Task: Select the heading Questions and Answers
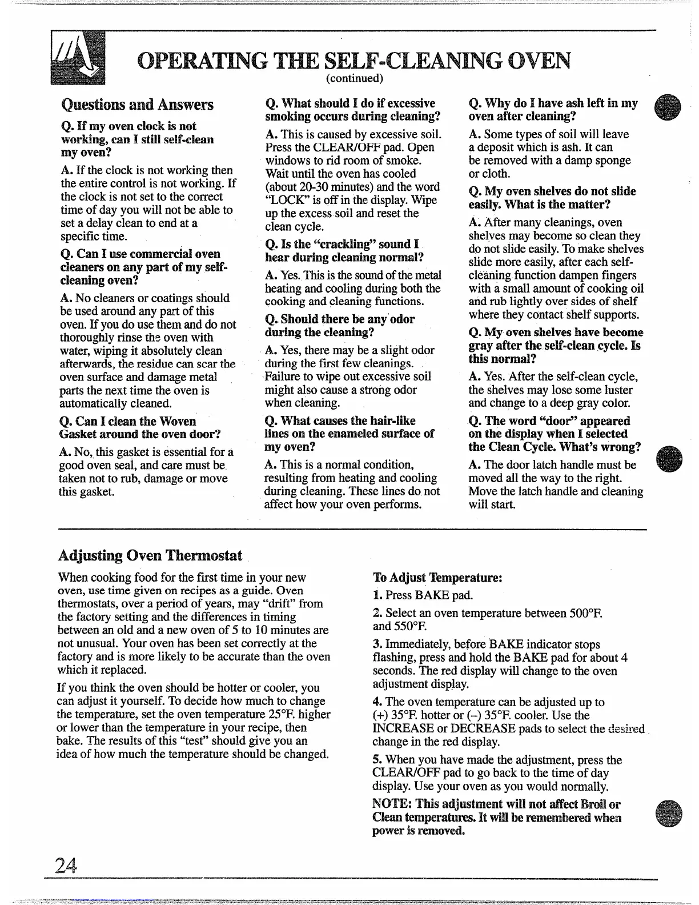[137, 105]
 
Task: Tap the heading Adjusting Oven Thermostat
[150, 555]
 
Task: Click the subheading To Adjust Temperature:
[437, 577]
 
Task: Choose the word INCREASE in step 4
[403, 729]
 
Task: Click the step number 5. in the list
[377, 760]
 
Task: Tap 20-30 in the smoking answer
[310, 187]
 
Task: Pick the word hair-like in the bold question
[389, 421]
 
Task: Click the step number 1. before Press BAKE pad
[377, 595]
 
